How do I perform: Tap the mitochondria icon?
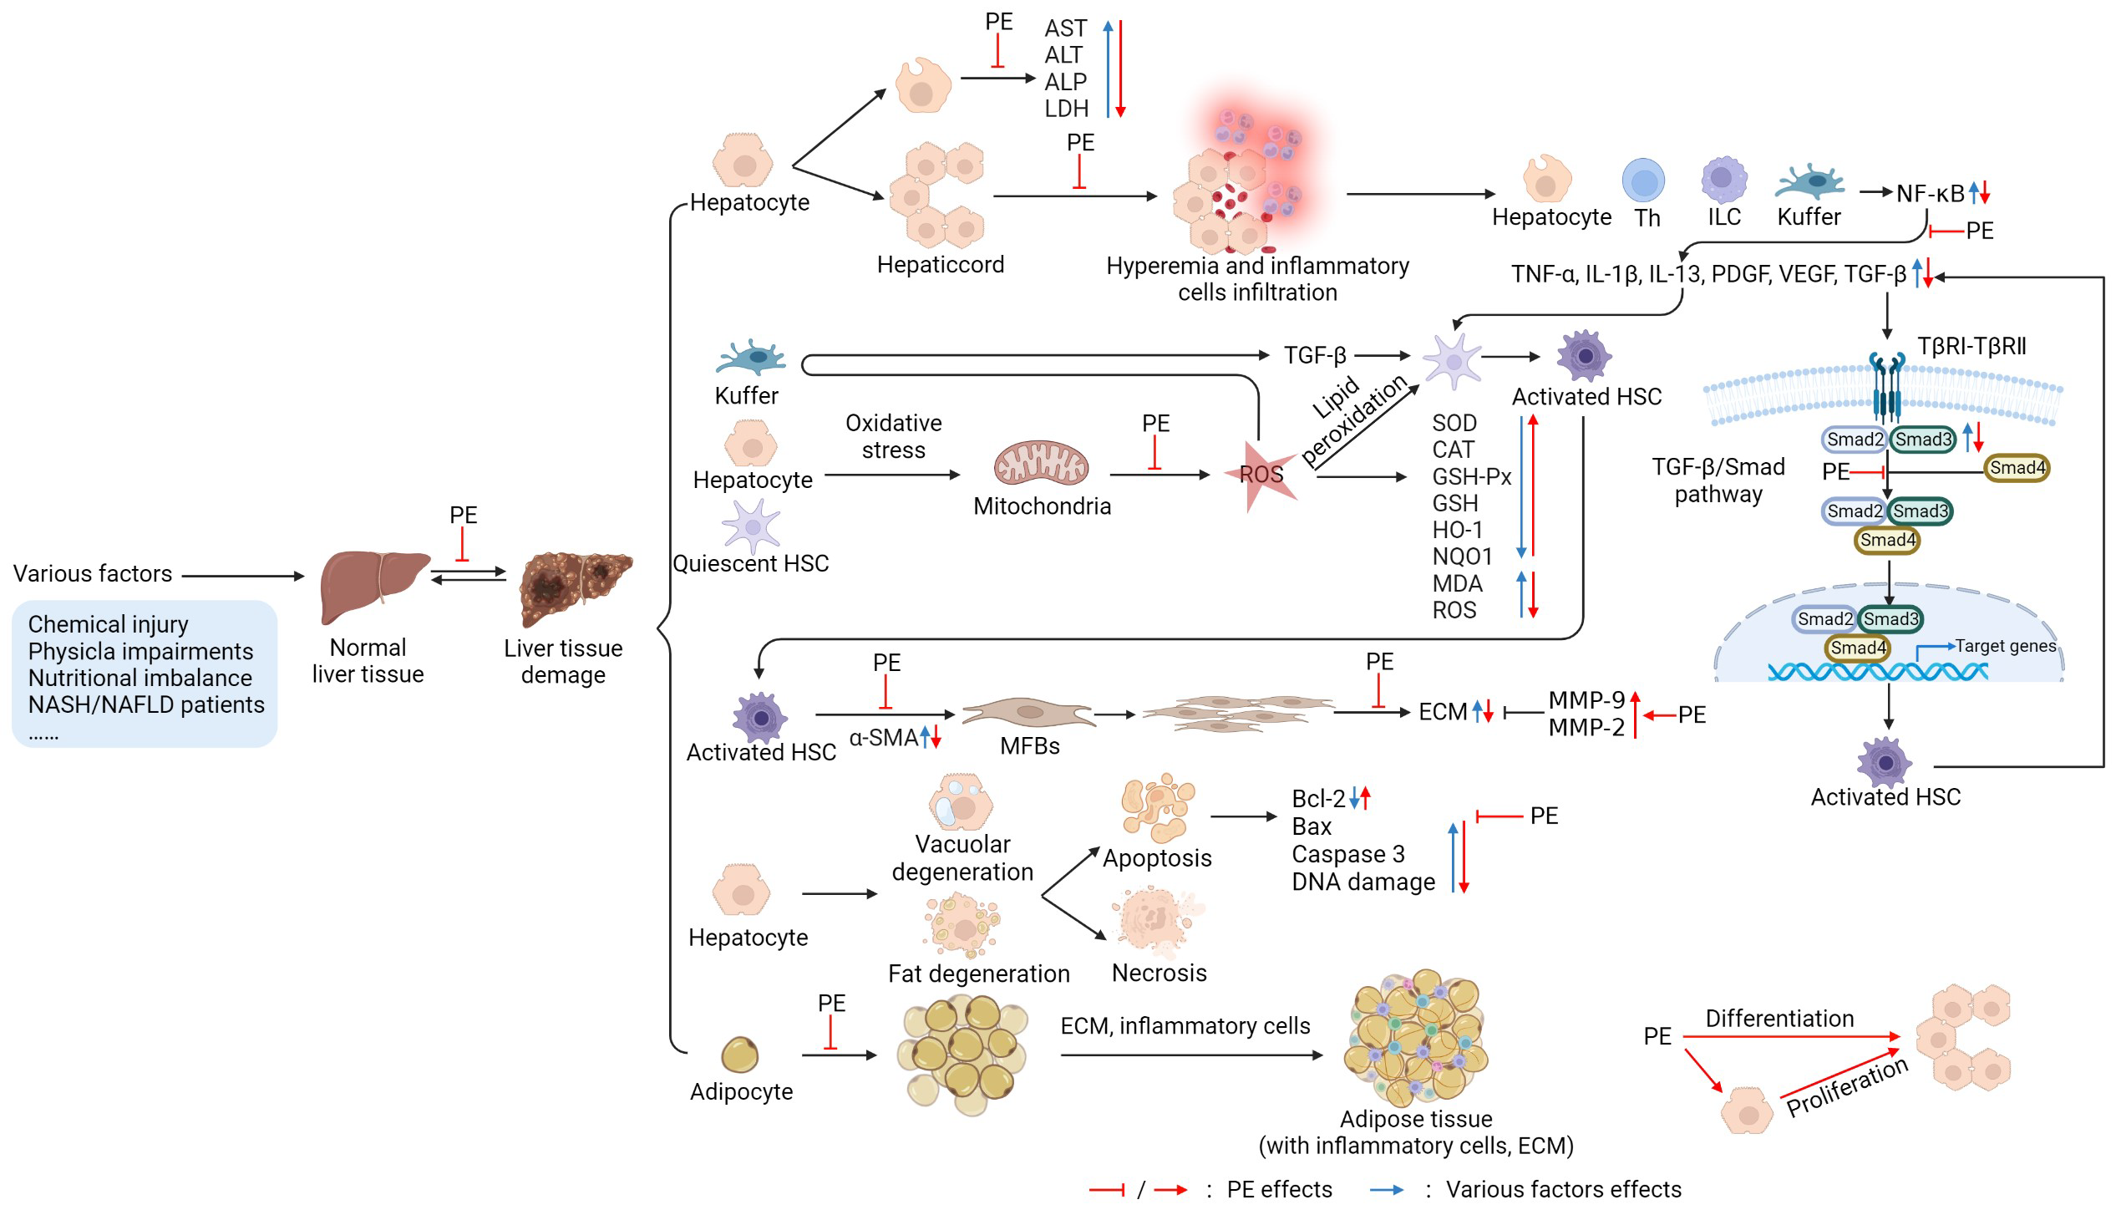1041,464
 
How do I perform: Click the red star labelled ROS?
1261,475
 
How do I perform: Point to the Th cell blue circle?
1643,181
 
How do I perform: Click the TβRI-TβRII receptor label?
1971,346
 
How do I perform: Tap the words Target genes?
2005,646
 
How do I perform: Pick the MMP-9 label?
1586,699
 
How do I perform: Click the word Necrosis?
1159,973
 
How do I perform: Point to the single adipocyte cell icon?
739,1055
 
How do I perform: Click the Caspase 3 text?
1347,854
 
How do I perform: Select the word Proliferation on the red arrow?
1847,1086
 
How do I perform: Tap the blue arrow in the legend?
1387,1190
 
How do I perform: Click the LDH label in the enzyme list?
1066,109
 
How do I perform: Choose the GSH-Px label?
1471,476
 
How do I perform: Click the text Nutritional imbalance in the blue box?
140,678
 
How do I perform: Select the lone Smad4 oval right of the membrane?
2017,468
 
